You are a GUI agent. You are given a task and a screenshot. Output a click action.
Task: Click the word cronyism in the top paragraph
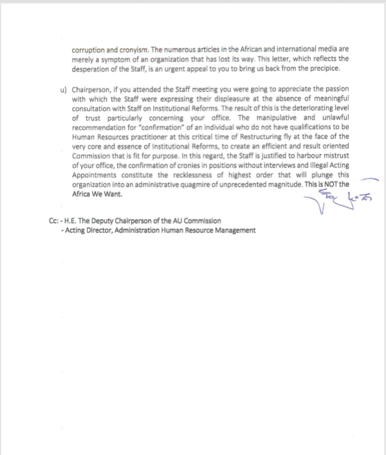(x=125, y=48)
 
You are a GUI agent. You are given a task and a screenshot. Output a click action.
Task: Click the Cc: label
(x=55, y=221)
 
